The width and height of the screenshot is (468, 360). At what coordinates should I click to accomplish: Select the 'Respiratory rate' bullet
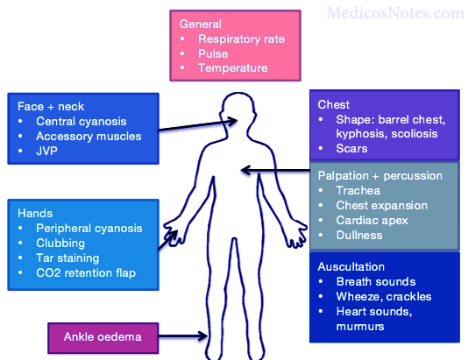241,39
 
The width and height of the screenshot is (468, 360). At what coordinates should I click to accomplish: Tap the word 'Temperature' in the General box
232,67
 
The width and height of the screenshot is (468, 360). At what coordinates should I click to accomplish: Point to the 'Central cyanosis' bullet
82,121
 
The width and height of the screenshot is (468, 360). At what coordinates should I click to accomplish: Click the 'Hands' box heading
35,213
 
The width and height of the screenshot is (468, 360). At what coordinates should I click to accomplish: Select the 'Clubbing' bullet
61,244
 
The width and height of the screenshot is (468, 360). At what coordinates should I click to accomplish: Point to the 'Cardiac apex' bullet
372,220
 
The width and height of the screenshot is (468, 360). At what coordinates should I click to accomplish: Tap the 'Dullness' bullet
360,235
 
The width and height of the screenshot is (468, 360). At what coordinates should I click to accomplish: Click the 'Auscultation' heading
352,266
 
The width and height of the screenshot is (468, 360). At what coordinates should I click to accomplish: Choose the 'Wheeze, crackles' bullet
383,296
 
